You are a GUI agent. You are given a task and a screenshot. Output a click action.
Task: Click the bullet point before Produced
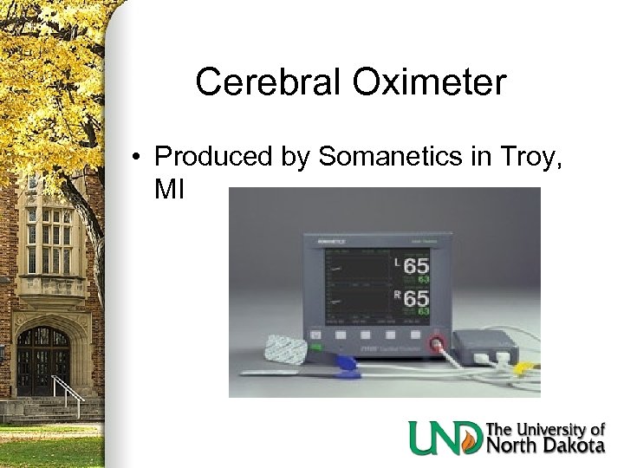(137, 158)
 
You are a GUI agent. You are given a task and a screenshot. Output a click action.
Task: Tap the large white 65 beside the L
(415, 267)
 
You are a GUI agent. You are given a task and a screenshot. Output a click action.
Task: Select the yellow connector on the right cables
(520, 365)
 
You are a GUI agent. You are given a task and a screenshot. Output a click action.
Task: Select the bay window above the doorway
(49, 242)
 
